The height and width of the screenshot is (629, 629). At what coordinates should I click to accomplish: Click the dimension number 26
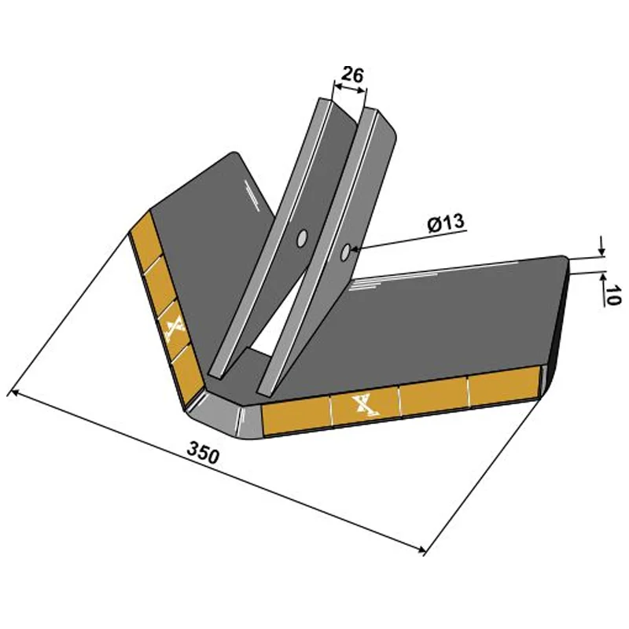click(351, 75)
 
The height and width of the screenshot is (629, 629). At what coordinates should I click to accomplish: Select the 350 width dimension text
click(202, 454)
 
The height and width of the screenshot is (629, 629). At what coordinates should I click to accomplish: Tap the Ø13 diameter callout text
click(446, 224)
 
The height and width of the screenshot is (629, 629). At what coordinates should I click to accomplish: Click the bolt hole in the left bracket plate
click(301, 237)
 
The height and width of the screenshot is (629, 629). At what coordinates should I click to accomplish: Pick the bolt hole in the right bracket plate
click(347, 252)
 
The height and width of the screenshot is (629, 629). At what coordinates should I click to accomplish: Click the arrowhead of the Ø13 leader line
click(357, 250)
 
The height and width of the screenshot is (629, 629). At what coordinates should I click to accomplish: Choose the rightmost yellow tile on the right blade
click(503, 391)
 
